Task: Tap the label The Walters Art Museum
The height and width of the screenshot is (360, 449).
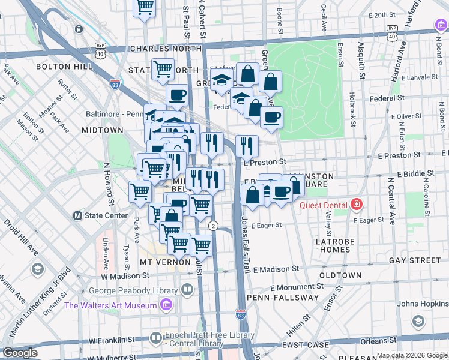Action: pyautogui.click(x=110, y=305)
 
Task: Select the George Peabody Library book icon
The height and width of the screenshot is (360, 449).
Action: pyautogui.click(x=188, y=291)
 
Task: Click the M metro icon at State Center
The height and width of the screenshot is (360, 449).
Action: pyautogui.click(x=77, y=215)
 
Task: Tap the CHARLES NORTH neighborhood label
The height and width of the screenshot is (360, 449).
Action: pyautogui.click(x=158, y=49)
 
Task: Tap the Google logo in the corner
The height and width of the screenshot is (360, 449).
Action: pyautogui.click(x=20, y=353)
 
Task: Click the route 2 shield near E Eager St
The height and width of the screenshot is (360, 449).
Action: pyautogui.click(x=213, y=226)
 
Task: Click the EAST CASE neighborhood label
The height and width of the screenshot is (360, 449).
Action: pyautogui.click(x=306, y=345)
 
